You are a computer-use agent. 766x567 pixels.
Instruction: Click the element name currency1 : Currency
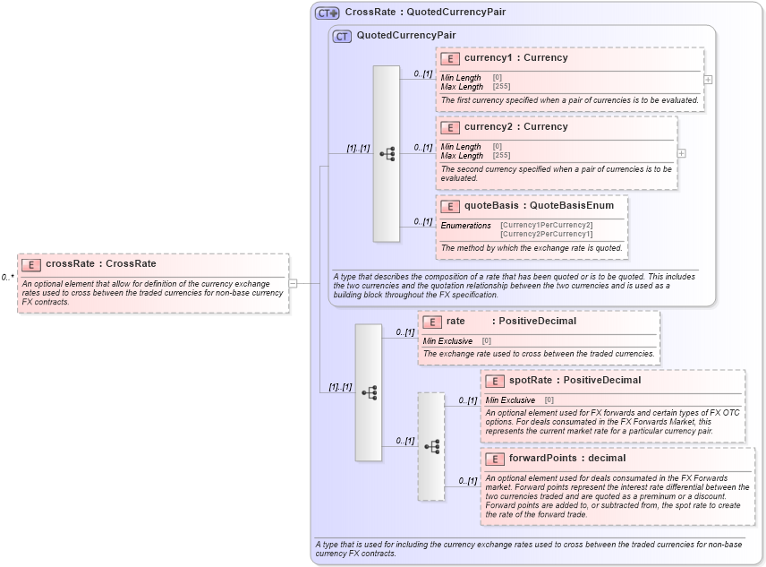(515, 58)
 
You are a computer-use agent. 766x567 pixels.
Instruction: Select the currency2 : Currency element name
(515, 127)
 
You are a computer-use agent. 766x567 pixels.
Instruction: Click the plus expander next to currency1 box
(708, 79)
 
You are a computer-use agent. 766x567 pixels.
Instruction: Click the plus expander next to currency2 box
(681, 153)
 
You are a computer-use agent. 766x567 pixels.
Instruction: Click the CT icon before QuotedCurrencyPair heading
(342, 37)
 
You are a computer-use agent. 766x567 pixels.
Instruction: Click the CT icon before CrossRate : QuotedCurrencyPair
(327, 13)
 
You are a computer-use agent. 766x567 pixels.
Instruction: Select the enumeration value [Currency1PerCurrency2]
(546, 225)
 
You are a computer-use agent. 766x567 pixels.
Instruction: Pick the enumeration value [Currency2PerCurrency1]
(546, 234)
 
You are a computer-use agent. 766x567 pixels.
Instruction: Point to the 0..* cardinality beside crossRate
(8, 278)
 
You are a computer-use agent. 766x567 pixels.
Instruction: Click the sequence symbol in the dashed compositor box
(431, 446)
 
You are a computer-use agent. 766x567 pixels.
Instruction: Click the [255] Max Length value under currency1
(501, 87)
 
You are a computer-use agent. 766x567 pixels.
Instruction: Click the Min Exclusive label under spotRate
(510, 400)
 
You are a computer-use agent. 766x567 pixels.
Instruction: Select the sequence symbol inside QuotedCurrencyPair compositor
(387, 154)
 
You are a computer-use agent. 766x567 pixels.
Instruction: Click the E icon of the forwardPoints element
(494, 459)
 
